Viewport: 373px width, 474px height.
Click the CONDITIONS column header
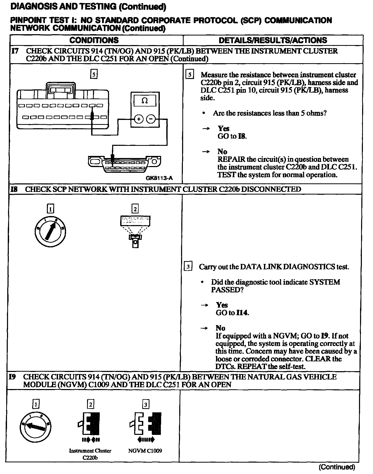tap(94, 40)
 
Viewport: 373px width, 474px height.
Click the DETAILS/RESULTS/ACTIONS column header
tap(273, 40)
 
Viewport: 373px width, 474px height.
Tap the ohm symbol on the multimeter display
tap(145, 101)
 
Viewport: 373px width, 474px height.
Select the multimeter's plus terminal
tap(139, 119)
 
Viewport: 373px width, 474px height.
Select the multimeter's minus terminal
tap(151, 119)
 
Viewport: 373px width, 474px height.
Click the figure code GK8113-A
tap(159, 178)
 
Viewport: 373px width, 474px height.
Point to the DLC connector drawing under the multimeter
tap(124, 164)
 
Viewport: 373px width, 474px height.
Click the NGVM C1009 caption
tap(145, 451)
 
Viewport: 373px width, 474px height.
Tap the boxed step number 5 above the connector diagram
tap(94, 75)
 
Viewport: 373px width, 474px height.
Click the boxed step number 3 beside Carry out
tap(188, 267)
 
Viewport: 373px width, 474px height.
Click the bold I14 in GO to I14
tap(242, 313)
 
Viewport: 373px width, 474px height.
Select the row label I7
tap(15, 51)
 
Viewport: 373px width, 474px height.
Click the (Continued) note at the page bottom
tap(337, 467)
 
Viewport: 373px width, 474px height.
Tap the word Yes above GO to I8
tap(223, 128)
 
